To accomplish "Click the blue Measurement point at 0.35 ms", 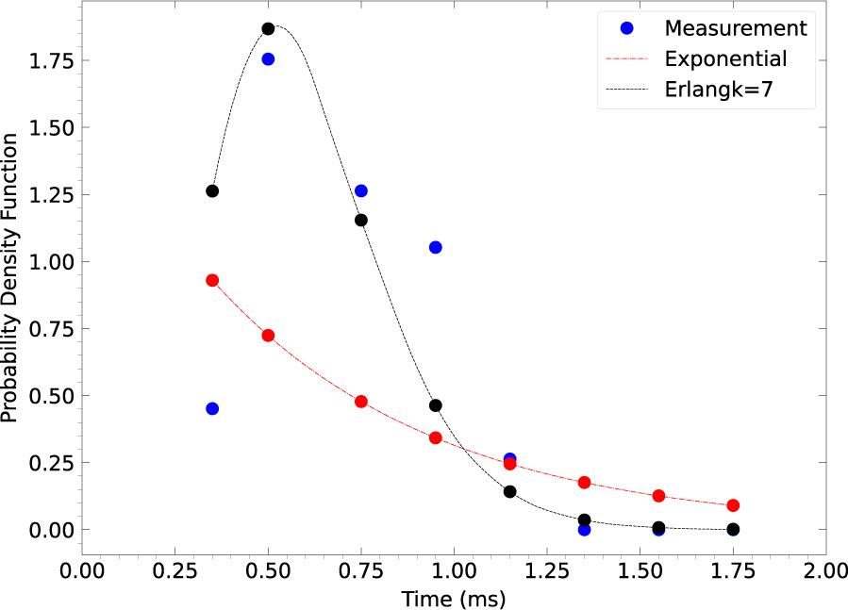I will (212, 408).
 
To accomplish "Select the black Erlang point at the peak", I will (268, 28).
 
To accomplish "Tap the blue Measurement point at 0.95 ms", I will (435, 247).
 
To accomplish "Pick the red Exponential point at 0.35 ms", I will (212, 280).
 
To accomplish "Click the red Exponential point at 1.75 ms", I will (733, 505).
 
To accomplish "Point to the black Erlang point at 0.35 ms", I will (212, 190).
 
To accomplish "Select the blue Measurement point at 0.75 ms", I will (360, 190).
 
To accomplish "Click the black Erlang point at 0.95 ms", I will (435, 405).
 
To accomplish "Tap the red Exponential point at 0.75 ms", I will (360, 401).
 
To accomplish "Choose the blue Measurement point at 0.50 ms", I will (268, 58).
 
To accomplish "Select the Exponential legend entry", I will (724, 59).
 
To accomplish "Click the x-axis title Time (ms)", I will (454, 598).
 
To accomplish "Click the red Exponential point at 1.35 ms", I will (584, 483).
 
